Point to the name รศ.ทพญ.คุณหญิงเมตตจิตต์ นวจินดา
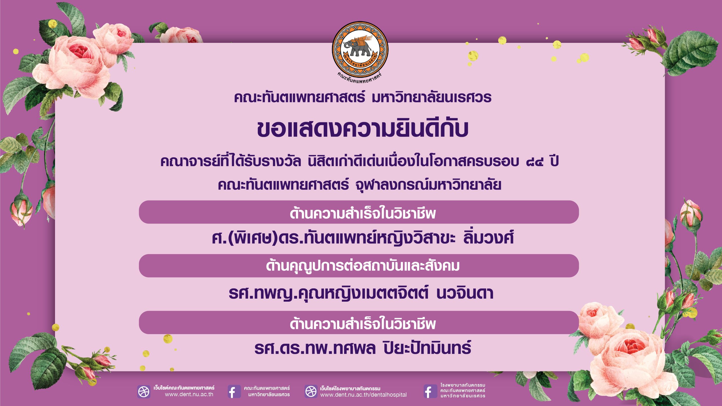(361, 293)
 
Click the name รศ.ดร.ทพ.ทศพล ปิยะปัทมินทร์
(363, 348)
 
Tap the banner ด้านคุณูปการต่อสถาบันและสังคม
(359, 266)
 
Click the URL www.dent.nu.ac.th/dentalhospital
(363, 395)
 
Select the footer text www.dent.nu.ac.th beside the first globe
(189, 394)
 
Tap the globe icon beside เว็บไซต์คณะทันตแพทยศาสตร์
(144, 392)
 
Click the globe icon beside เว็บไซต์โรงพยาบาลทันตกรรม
(311, 391)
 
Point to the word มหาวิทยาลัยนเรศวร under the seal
(432, 97)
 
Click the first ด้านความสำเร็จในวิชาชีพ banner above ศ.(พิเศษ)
(359, 212)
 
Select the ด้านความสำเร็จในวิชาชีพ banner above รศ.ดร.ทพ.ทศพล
(359, 323)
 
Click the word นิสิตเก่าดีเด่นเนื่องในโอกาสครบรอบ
(413, 162)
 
